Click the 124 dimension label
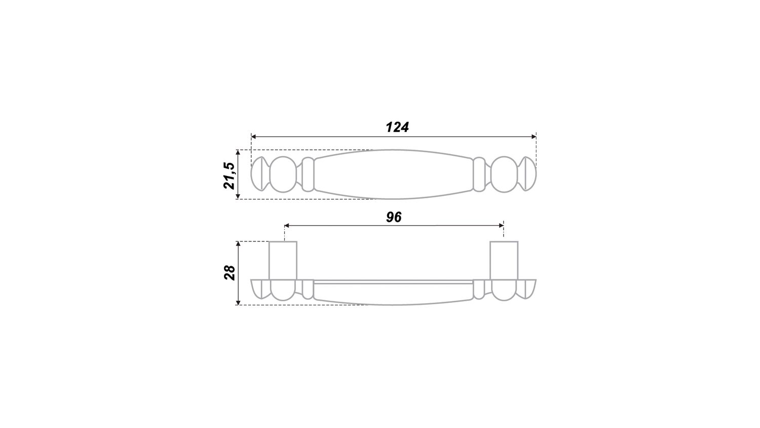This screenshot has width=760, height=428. (397, 127)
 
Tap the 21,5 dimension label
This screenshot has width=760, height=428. (230, 175)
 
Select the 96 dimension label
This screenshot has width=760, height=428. (394, 218)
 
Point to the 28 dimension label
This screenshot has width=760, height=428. (230, 272)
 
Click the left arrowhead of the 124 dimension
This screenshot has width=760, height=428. (253, 136)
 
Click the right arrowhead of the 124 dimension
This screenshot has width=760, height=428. (534, 136)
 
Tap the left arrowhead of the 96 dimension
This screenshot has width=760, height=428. (287, 226)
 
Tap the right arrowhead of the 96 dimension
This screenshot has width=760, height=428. (501, 226)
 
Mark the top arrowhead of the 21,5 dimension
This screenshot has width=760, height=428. (238, 153)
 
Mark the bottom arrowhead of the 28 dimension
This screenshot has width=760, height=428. (238, 302)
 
